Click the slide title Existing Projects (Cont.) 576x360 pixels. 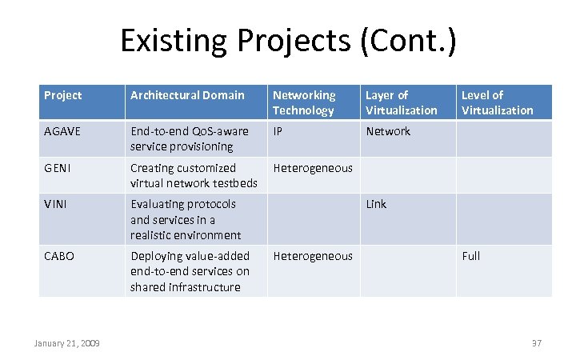coord(288,40)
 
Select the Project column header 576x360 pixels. coord(63,95)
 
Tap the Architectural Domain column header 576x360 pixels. coord(187,95)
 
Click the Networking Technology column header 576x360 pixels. coord(304,102)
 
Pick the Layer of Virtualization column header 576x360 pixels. coord(401,102)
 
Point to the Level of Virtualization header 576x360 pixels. coord(497,102)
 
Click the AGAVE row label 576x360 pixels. coord(62,131)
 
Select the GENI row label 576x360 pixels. coord(58,168)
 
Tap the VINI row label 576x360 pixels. coord(57,204)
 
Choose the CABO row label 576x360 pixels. coord(59,256)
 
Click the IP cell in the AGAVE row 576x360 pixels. coord(278,131)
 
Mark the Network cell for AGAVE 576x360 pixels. coord(388,131)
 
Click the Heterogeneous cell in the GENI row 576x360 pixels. coord(313,168)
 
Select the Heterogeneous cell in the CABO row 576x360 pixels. coord(313,256)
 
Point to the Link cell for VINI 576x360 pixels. coord(376,204)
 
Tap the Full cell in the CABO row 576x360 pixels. coord(470,256)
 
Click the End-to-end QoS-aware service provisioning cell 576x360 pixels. coord(190,138)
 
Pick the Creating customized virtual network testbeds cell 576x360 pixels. coord(194,175)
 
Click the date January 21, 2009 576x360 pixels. coord(67,343)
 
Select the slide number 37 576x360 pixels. coord(536,343)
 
